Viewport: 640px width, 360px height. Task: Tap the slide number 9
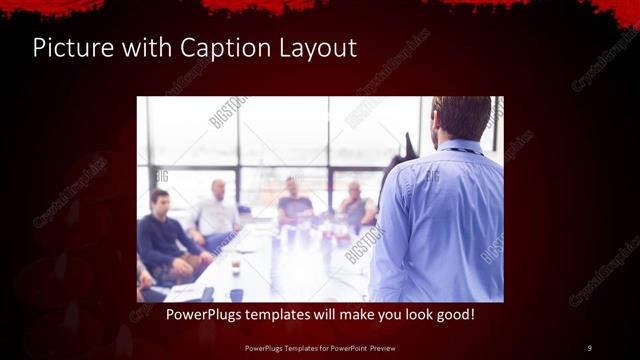[x=589, y=347]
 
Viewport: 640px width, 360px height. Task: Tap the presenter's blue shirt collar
[x=462, y=146]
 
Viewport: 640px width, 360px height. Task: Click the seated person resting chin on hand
[x=354, y=200]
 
